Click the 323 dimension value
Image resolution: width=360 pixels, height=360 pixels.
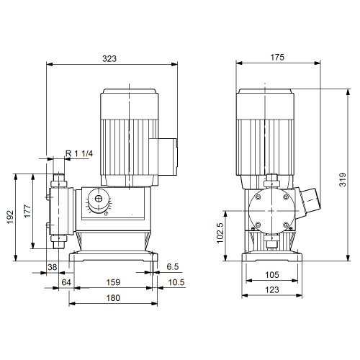coord(109,58)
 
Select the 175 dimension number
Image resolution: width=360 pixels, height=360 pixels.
coord(277,58)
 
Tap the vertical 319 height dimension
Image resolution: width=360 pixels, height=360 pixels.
coord(343,179)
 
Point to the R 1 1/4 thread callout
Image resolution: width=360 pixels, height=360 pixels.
coord(79,153)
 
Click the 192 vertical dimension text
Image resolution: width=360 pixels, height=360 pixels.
coord(10,217)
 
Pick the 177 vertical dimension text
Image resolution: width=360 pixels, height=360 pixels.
coord(27,211)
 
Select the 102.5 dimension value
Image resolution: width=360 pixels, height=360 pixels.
coord(220,233)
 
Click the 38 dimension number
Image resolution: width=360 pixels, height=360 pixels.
coord(53,267)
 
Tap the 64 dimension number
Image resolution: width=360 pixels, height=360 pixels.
coord(66,282)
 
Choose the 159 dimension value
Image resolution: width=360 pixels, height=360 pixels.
coord(113,282)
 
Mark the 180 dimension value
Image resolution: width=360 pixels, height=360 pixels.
coord(113,298)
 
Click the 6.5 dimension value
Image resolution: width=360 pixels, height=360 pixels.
coord(173,266)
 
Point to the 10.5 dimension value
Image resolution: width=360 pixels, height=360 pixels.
coord(176,282)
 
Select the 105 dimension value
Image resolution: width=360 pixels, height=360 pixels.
coord(272,275)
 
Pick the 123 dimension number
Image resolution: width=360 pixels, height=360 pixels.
coord(272,290)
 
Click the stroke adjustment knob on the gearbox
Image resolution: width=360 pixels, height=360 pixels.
coord(99,201)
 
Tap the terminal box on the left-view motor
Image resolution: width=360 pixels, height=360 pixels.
coord(163,156)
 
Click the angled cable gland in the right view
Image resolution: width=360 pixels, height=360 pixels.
coord(309,203)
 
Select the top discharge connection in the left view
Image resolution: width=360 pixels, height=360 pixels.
coord(59,180)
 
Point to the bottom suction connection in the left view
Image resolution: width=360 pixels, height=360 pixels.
coord(58,242)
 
